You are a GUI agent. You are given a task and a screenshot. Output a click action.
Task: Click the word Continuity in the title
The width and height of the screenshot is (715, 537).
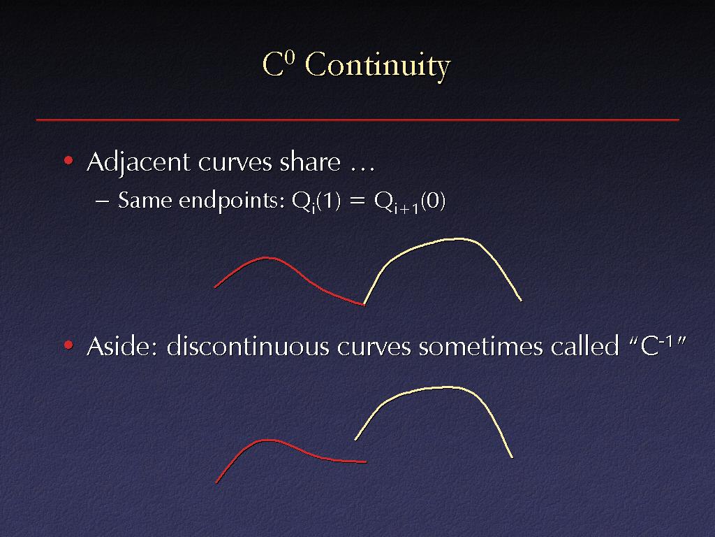point(378,66)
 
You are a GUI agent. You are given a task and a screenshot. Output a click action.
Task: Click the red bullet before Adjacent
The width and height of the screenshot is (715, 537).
point(68,160)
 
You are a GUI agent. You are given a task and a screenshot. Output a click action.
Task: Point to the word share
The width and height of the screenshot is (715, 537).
point(310,162)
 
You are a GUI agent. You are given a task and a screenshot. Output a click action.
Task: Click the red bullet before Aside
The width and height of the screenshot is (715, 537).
point(68,345)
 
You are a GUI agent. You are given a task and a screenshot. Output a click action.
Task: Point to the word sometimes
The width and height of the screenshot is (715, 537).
point(480,345)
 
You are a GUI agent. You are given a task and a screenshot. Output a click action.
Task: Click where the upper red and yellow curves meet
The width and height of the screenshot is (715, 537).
point(364,305)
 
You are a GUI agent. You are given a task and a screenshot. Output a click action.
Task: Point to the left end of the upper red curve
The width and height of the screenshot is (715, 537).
point(215,287)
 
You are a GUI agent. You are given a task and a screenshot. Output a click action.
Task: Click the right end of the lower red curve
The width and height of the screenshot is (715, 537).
point(366,462)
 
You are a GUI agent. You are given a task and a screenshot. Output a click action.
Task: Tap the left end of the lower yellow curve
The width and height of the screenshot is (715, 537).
point(355,440)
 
